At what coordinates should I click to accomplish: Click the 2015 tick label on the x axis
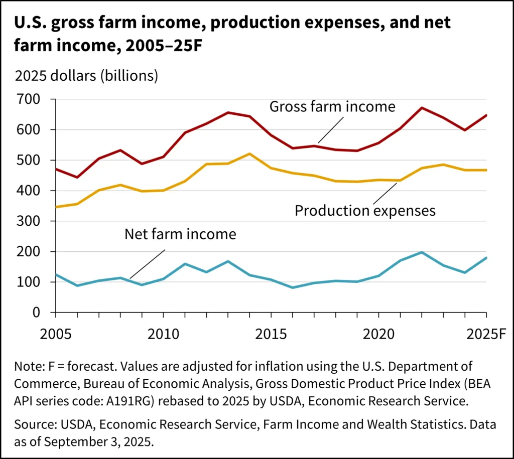pyautogui.click(x=270, y=333)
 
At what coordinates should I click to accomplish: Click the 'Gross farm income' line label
pyautogui.click(x=332, y=107)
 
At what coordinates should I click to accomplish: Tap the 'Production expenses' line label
pyautogui.click(x=365, y=210)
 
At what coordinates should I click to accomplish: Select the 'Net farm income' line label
pyautogui.click(x=180, y=234)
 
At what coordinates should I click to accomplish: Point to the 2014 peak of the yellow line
pyautogui.click(x=250, y=154)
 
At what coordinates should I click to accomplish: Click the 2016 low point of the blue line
pyautogui.click(x=293, y=287)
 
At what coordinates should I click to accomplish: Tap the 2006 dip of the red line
pyautogui.click(x=77, y=177)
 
